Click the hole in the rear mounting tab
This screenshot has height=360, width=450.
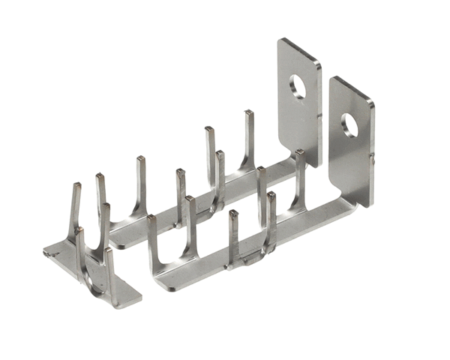point(298,86)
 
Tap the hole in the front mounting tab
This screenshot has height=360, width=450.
point(350,124)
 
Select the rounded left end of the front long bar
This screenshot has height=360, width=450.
point(156,281)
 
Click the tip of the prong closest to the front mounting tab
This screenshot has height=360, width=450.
point(299,154)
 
